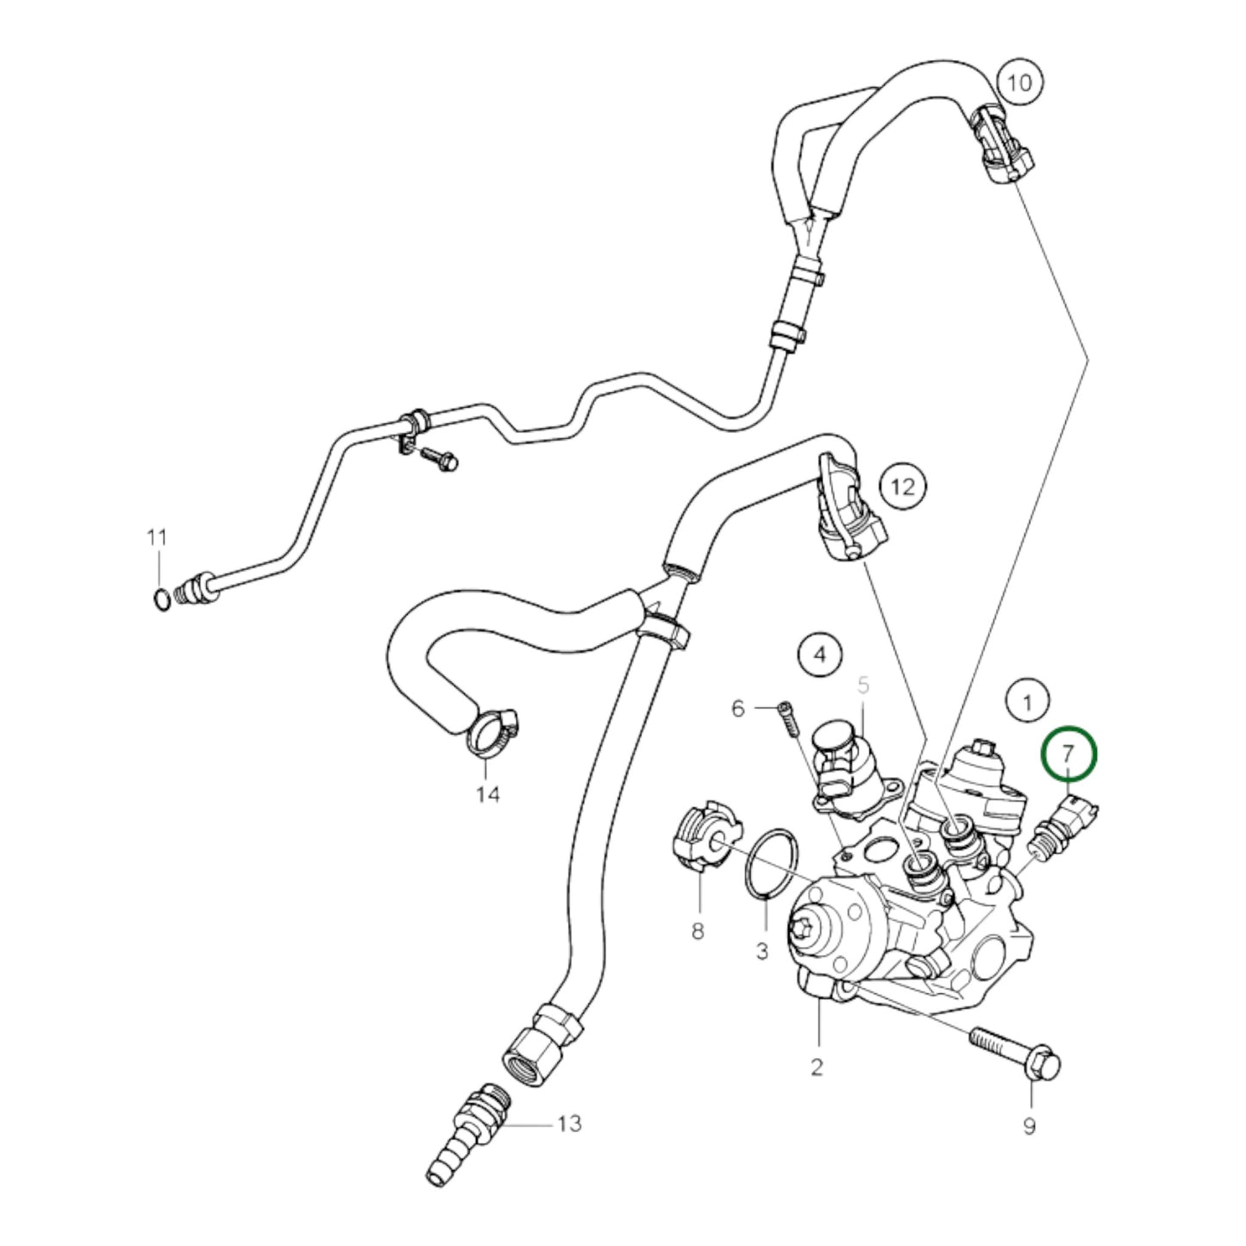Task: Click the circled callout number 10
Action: click(x=1019, y=83)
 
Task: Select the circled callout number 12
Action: click(x=902, y=487)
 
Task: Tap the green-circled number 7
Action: click(x=1068, y=752)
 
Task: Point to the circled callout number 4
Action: click(x=820, y=654)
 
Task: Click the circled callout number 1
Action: click(x=1026, y=703)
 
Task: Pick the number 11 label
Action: click(x=155, y=538)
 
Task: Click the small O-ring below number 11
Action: click(x=160, y=597)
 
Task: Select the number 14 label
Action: click(x=488, y=793)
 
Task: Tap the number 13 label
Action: click(x=569, y=1124)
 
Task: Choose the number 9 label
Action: click(x=1029, y=1126)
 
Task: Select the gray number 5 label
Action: click(x=863, y=686)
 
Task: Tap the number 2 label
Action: click(x=817, y=1067)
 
